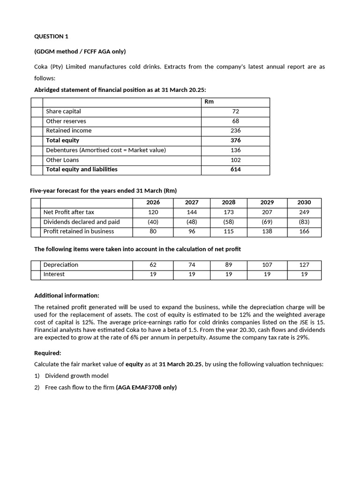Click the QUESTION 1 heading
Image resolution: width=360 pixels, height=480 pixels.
point(51,36)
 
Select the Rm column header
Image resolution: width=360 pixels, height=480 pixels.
point(209,102)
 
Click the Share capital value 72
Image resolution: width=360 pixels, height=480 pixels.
point(235,112)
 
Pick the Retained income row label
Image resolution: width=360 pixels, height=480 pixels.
point(69,131)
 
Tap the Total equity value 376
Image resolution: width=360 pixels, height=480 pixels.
point(235,141)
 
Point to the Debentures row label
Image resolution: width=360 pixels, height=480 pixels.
point(106,150)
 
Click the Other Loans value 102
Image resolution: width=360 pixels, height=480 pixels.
point(235,160)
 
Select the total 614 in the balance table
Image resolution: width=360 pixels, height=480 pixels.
point(235,170)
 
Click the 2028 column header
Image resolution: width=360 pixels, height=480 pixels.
point(229,202)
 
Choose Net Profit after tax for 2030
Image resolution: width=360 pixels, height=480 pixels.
point(304,212)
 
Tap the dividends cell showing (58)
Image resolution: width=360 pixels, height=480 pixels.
point(229,222)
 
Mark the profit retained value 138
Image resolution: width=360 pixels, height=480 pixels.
point(267,232)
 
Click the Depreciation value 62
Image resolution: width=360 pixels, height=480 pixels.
point(153,265)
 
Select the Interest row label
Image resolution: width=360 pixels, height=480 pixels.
point(54,274)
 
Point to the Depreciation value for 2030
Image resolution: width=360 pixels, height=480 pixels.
point(304,265)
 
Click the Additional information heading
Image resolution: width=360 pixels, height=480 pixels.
point(67,296)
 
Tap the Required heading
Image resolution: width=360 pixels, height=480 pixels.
point(48,353)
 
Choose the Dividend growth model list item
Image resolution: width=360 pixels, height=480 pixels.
point(76,375)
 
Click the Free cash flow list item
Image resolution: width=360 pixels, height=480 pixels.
point(111,387)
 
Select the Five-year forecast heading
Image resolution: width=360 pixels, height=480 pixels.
point(103,191)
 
